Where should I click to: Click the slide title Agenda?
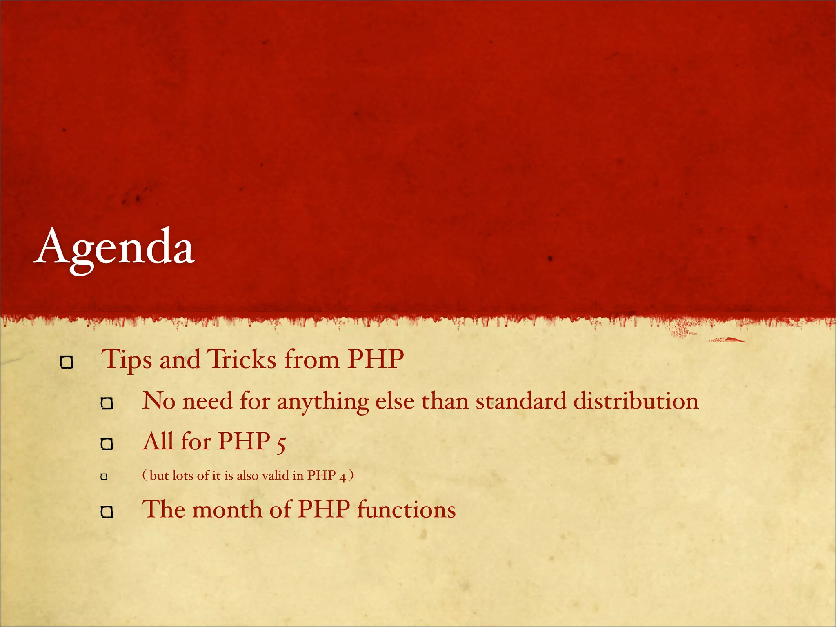point(114,247)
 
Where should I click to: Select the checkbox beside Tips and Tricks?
point(67,362)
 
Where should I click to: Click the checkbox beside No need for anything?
point(107,404)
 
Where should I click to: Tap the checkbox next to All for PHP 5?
point(107,444)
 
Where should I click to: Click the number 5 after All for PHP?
point(281,443)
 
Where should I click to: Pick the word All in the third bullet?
point(158,441)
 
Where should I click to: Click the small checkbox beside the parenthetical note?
point(104,476)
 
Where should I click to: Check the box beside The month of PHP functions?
point(107,512)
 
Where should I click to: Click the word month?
point(227,509)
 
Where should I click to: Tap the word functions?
point(406,509)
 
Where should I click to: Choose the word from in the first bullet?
point(312,360)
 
